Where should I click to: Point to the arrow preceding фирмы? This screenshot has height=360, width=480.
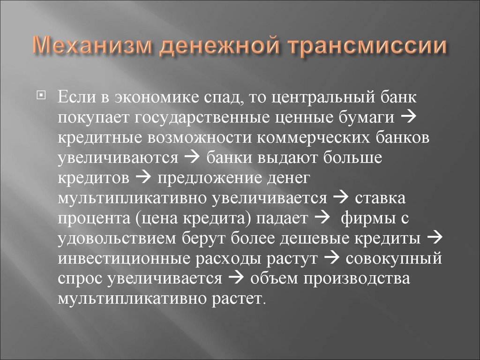click(x=321, y=217)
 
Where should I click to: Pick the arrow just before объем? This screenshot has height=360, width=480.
click(x=235, y=278)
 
